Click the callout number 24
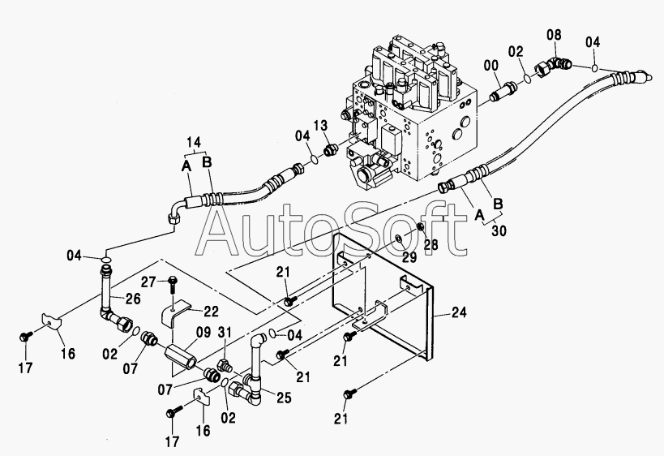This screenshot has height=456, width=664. [x=459, y=312]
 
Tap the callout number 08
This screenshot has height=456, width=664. [x=554, y=35]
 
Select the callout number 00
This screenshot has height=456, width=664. [x=491, y=66]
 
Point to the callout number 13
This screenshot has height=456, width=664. [x=320, y=126]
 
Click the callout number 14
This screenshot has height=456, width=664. [x=194, y=142]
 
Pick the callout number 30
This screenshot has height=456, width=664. [x=499, y=231]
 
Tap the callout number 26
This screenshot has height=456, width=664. [x=132, y=299]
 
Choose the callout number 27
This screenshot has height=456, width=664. [x=149, y=282]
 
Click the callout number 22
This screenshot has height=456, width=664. [x=211, y=312]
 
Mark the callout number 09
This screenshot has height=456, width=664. [x=203, y=332]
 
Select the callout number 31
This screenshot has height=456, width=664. [x=225, y=332]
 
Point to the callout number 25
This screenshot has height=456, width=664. [x=284, y=398]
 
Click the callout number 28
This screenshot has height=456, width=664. [x=431, y=244]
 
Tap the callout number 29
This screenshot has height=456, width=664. [x=409, y=257]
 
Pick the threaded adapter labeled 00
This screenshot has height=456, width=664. [x=503, y=91]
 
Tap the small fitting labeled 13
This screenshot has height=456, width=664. [x=331, y=149]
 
